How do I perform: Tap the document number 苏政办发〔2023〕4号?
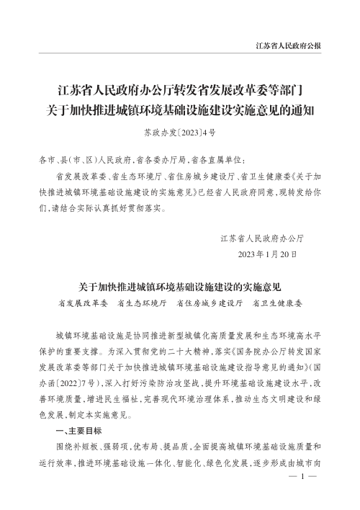pyautogui.click(x=180, y=133)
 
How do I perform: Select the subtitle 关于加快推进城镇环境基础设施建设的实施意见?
pyautogui.click(x=179, y=287)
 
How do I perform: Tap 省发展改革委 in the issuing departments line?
pyautogui.click(x=81, y=304)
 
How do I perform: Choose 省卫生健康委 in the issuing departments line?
pyautogui.click(x=277, y=304)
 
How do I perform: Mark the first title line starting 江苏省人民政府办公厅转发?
pyautogui.click(x=180, y=90)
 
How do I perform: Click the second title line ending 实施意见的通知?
pyautogui.click(x=180, y=109)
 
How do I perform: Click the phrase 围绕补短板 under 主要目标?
pyautogui.click(x=76, y=447)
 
